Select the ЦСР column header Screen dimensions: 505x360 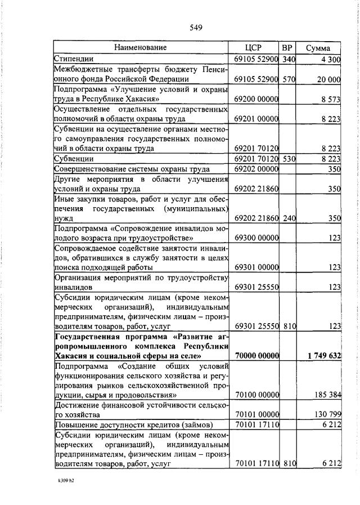click(x=254, y=47)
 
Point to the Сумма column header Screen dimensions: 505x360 click(x=318, y=48)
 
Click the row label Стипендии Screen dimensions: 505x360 click(x=74, y=59)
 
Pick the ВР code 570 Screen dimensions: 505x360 click(x=289, y=80)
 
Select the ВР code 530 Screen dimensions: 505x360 click(x=289, y=159)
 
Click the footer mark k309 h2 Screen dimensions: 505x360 click(x=67, y=482)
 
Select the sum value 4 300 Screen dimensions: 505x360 click(x=331, y=59)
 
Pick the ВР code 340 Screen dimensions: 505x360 click(x=289, y=59)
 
